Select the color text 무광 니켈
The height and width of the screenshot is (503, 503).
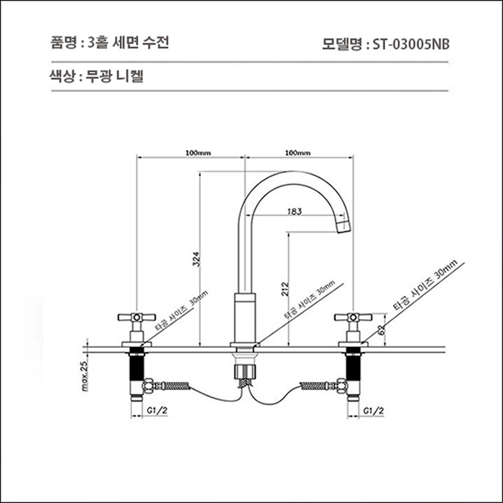click(x=116, y=75)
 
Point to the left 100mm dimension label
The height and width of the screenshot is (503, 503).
click(x=197, y=153)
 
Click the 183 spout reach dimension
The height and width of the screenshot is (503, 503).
click(x=294, y=211)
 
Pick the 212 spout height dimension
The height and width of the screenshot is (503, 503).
click(x=284, y=290)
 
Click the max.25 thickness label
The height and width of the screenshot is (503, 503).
click(x=84, y=376)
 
